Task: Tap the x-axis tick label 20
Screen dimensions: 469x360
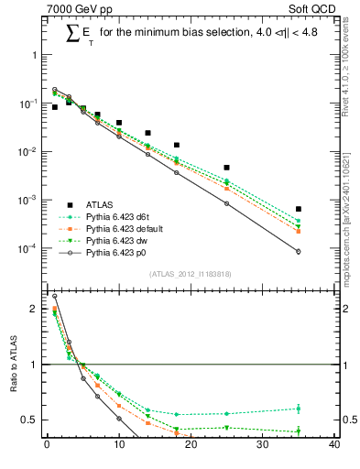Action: [191, 446]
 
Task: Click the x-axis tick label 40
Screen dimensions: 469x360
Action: [334, 446]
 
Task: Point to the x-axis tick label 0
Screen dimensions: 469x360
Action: [47, 446]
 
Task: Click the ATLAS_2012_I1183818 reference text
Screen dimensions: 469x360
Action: [191, 273]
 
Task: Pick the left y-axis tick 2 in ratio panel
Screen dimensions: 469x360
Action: [33, 309]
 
